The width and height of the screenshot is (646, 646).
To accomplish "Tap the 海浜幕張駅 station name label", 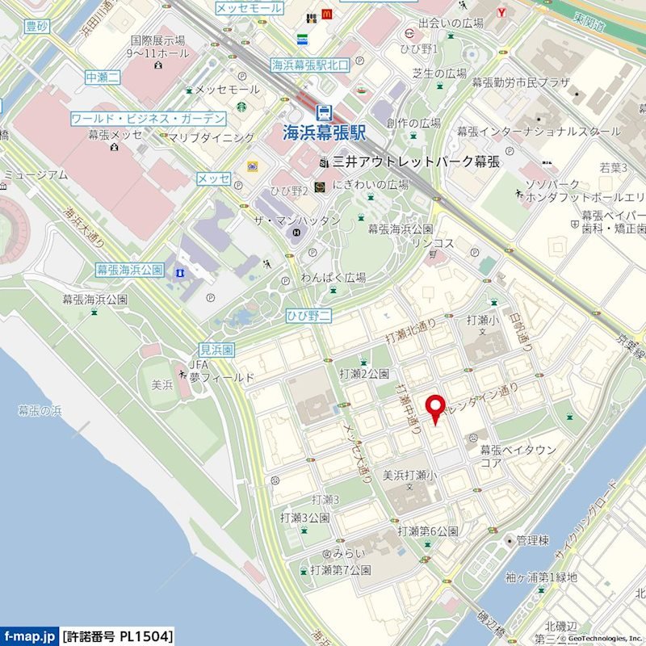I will (x=325, y=132).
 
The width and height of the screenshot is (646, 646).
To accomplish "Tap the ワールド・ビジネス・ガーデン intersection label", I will (x=148, y=118).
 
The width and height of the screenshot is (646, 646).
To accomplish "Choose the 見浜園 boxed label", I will (x=216, y=350).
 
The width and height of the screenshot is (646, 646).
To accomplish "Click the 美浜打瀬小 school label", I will (x=409, y=475).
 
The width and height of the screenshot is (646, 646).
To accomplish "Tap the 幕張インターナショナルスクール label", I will (x=539, y=131).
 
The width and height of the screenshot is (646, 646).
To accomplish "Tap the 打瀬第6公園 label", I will (x=427, y=531).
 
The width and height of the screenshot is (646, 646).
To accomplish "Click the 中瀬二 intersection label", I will (x=103, y=78).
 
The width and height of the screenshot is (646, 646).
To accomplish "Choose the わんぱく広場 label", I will (x=333, y=278).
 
